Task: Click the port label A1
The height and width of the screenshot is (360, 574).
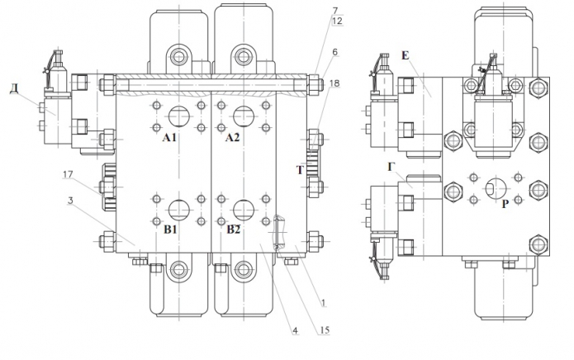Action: click(x=170, y=138)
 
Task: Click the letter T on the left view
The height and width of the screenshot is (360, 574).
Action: click(x=300, y=171)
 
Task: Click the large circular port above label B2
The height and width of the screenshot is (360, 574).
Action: click(x=242, y=206)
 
